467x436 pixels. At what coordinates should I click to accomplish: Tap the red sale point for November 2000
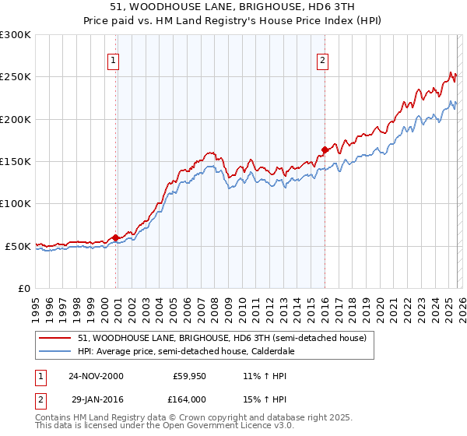click(x=116, y=237)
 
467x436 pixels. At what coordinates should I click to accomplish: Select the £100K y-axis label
click(x=16, y=203)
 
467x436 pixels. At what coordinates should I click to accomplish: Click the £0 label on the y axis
click(x=24, y=288)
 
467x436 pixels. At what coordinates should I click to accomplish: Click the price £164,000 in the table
click(x=190, y=399)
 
